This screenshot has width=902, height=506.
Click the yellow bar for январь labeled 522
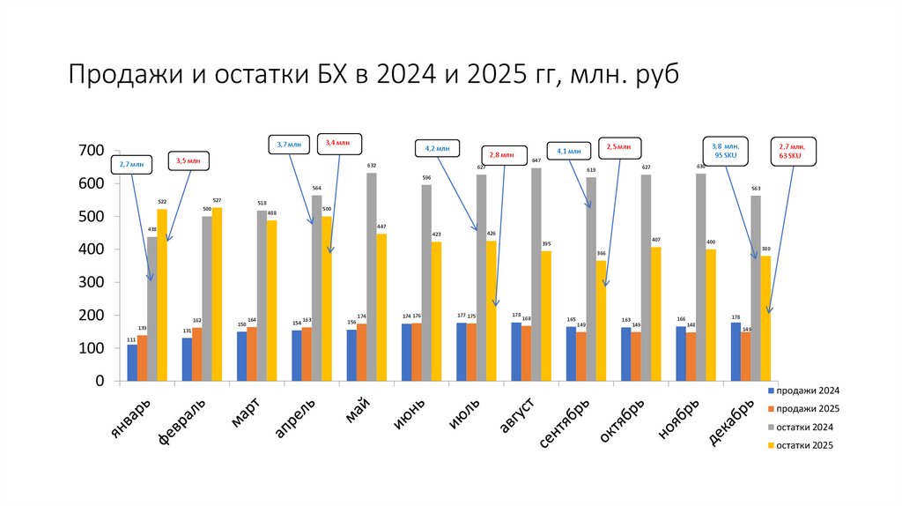(162, 295)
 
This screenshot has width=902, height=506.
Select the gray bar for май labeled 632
(371, 277)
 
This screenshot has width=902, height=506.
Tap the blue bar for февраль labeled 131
(187, 360)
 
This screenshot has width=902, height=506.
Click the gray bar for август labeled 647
(536, 274)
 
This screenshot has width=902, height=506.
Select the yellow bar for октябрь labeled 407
(655, 314)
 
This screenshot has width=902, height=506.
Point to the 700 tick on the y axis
(92, 151)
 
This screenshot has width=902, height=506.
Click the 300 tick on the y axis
(92, 282)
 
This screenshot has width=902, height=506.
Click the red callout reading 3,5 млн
(188, 161)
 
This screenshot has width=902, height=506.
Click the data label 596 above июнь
(426, 177)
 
